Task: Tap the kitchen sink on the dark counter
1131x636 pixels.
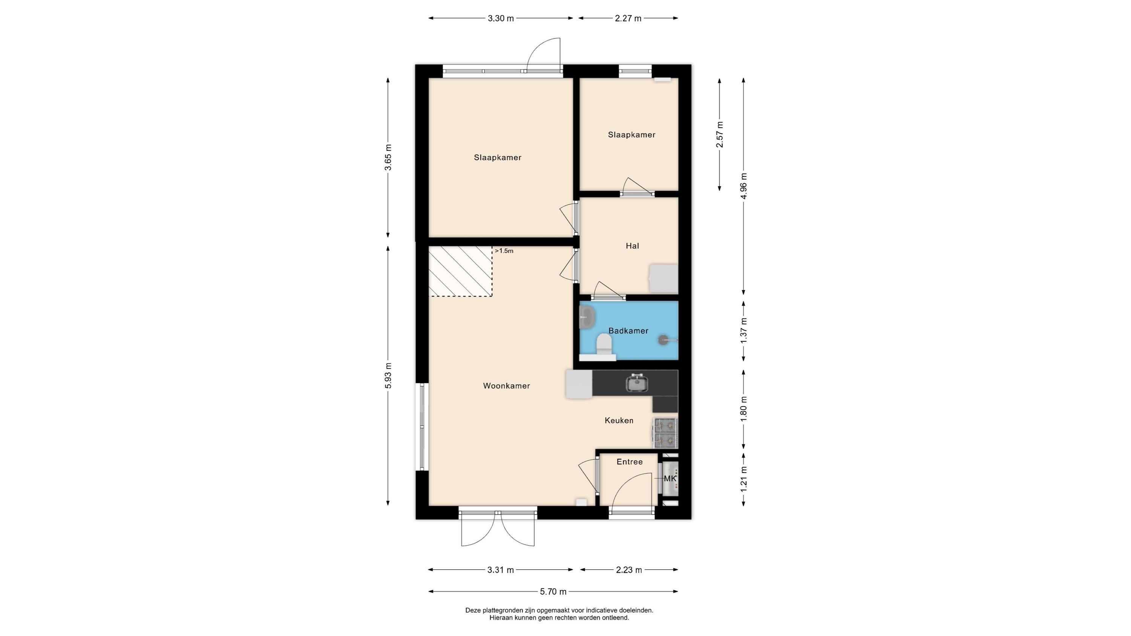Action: coord(637,383)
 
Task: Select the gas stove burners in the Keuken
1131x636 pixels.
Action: coord(666,433)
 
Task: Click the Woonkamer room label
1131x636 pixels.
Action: coord(506,386)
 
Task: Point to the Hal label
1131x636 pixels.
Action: coord(632,246)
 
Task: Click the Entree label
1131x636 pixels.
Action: coord(630,462)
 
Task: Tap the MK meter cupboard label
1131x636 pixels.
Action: coord(670,479)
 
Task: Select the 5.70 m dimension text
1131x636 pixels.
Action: coord(553,592)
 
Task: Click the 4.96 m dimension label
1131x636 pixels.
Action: coord(744,186)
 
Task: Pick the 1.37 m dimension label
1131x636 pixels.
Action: coord(744,330)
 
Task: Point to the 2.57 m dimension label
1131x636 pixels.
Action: coord(720,134)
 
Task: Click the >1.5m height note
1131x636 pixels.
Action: coord(504,251)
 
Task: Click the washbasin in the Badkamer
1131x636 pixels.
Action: coord(587,317)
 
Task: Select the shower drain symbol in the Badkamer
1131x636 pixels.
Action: coord(663,339)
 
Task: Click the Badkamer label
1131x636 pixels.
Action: coord(628,331)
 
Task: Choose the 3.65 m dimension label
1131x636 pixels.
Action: coord(388,157)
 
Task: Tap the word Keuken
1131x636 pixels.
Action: coord(619,420)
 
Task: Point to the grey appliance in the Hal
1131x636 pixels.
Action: coord(664,278)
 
